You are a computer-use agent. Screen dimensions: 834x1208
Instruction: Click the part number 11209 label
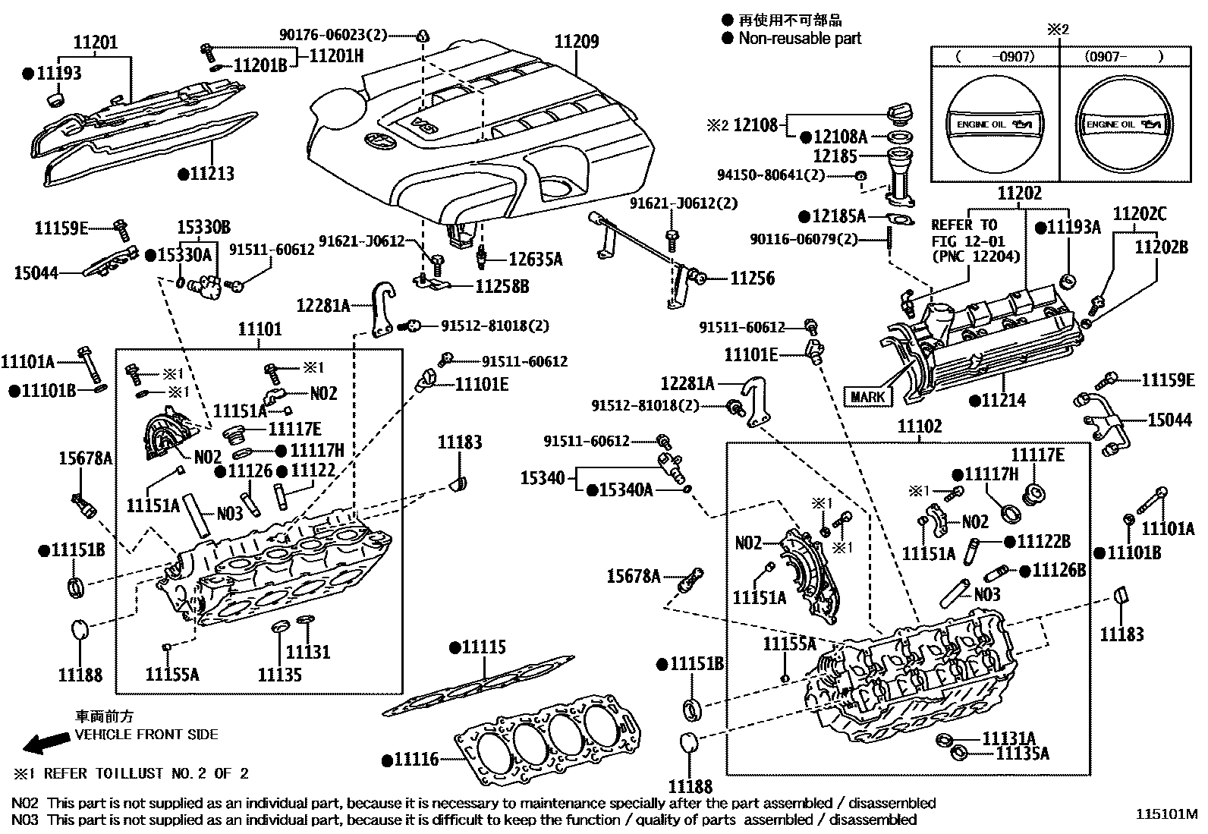576,41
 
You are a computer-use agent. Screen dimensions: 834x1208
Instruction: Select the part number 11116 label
416,758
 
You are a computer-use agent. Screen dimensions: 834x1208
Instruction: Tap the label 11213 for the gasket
212,174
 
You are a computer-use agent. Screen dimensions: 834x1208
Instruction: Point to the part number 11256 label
752,279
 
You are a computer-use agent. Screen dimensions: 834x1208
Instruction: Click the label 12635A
535,260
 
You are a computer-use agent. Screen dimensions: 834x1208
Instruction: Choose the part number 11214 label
1003,400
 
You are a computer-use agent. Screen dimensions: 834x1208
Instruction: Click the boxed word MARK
867,396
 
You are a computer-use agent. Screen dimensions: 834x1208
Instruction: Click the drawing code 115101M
1166,814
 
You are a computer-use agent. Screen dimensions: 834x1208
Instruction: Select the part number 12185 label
835,156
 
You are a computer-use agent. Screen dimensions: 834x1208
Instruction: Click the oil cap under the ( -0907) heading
993,124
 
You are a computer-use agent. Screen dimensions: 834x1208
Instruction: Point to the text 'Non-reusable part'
800,39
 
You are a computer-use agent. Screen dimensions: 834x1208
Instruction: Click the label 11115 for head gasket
483,647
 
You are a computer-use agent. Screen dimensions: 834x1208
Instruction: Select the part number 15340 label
543,477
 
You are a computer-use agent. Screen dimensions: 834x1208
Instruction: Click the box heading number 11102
920,426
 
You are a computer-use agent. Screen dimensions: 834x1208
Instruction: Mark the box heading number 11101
260,329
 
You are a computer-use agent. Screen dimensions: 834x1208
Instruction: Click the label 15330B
204,227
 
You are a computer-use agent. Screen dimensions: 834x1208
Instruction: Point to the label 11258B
502,286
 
